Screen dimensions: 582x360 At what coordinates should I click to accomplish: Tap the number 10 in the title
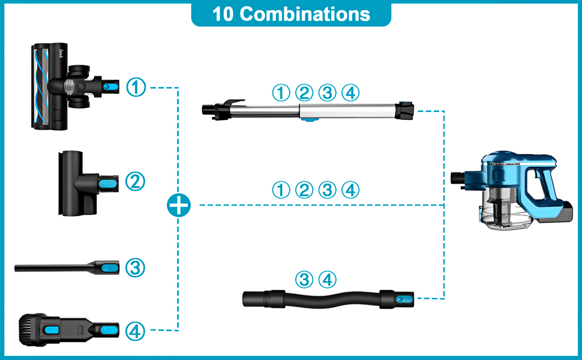[223, 14]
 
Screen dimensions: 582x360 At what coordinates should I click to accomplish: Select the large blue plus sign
[179, 206]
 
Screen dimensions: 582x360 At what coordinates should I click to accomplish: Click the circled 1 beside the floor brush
[137, 88]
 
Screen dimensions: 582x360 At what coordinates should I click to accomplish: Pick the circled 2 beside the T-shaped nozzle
[136, 181]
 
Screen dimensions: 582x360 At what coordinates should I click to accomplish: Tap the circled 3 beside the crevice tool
[136, 268]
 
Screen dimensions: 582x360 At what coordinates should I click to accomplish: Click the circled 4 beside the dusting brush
[136, 331]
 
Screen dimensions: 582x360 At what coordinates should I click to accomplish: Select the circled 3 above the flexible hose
[305, 279]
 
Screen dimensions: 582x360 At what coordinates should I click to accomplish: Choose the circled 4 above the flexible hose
[328, 279]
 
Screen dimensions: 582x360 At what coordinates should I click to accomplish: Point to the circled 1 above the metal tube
[281, 92]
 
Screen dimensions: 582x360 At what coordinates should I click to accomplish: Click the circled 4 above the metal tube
[350, 92]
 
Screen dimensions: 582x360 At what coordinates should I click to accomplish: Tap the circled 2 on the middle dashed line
[304, 190]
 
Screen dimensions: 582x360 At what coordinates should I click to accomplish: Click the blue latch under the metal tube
[310, 120]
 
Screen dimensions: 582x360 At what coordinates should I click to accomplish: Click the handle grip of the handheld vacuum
[545, 186]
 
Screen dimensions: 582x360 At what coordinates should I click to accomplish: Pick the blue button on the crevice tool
[109, 268]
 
